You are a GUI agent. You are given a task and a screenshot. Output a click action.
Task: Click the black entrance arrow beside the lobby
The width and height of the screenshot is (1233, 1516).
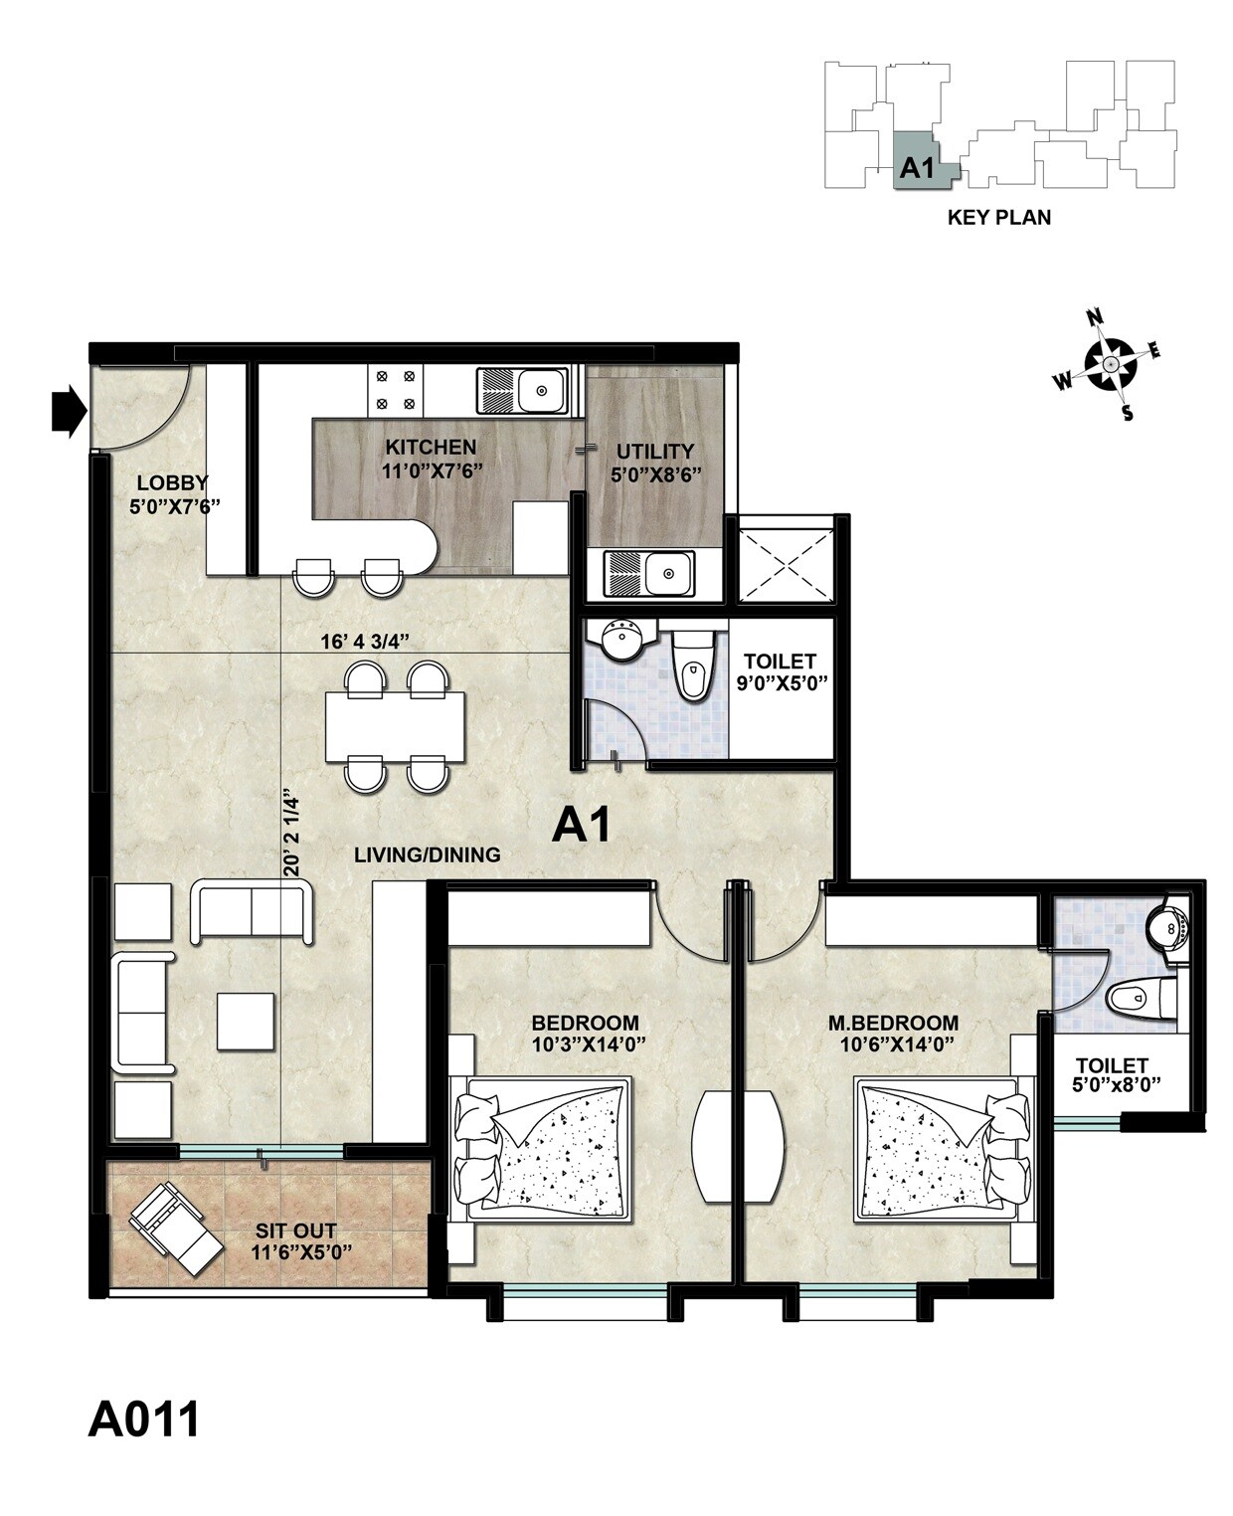tap(69, 411)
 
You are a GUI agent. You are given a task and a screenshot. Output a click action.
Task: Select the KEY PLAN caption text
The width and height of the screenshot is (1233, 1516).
tap(998, 217)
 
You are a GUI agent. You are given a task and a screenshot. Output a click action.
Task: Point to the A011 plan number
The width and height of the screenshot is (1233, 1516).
tap(144, 1420)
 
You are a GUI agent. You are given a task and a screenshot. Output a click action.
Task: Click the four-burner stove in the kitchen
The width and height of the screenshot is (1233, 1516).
tap(395, 390)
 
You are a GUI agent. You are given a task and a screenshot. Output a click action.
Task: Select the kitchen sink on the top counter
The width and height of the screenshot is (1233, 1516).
tap(524, 390)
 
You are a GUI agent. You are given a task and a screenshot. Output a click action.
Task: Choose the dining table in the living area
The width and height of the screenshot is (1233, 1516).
tap(396, 726)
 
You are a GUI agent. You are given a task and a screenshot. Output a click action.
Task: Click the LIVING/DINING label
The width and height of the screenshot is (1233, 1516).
tap(428, 854)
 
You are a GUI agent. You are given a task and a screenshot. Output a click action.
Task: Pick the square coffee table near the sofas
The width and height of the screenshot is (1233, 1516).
tap(246, 1022)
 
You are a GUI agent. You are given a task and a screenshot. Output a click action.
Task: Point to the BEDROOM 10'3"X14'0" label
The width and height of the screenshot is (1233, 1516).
tap(585, 1034)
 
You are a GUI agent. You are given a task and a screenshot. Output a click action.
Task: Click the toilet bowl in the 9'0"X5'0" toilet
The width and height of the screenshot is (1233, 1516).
tap(691, 668)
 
